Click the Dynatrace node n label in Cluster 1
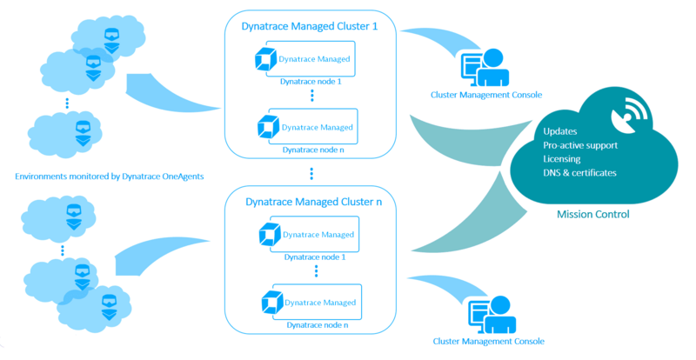click(x=311, y=150)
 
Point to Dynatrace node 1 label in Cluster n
click(x=311, y=257)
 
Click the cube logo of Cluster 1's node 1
click(x=263, y=60)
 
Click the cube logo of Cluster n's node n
click(x=270, y=301)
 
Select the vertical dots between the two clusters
click(x=311, y=174)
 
